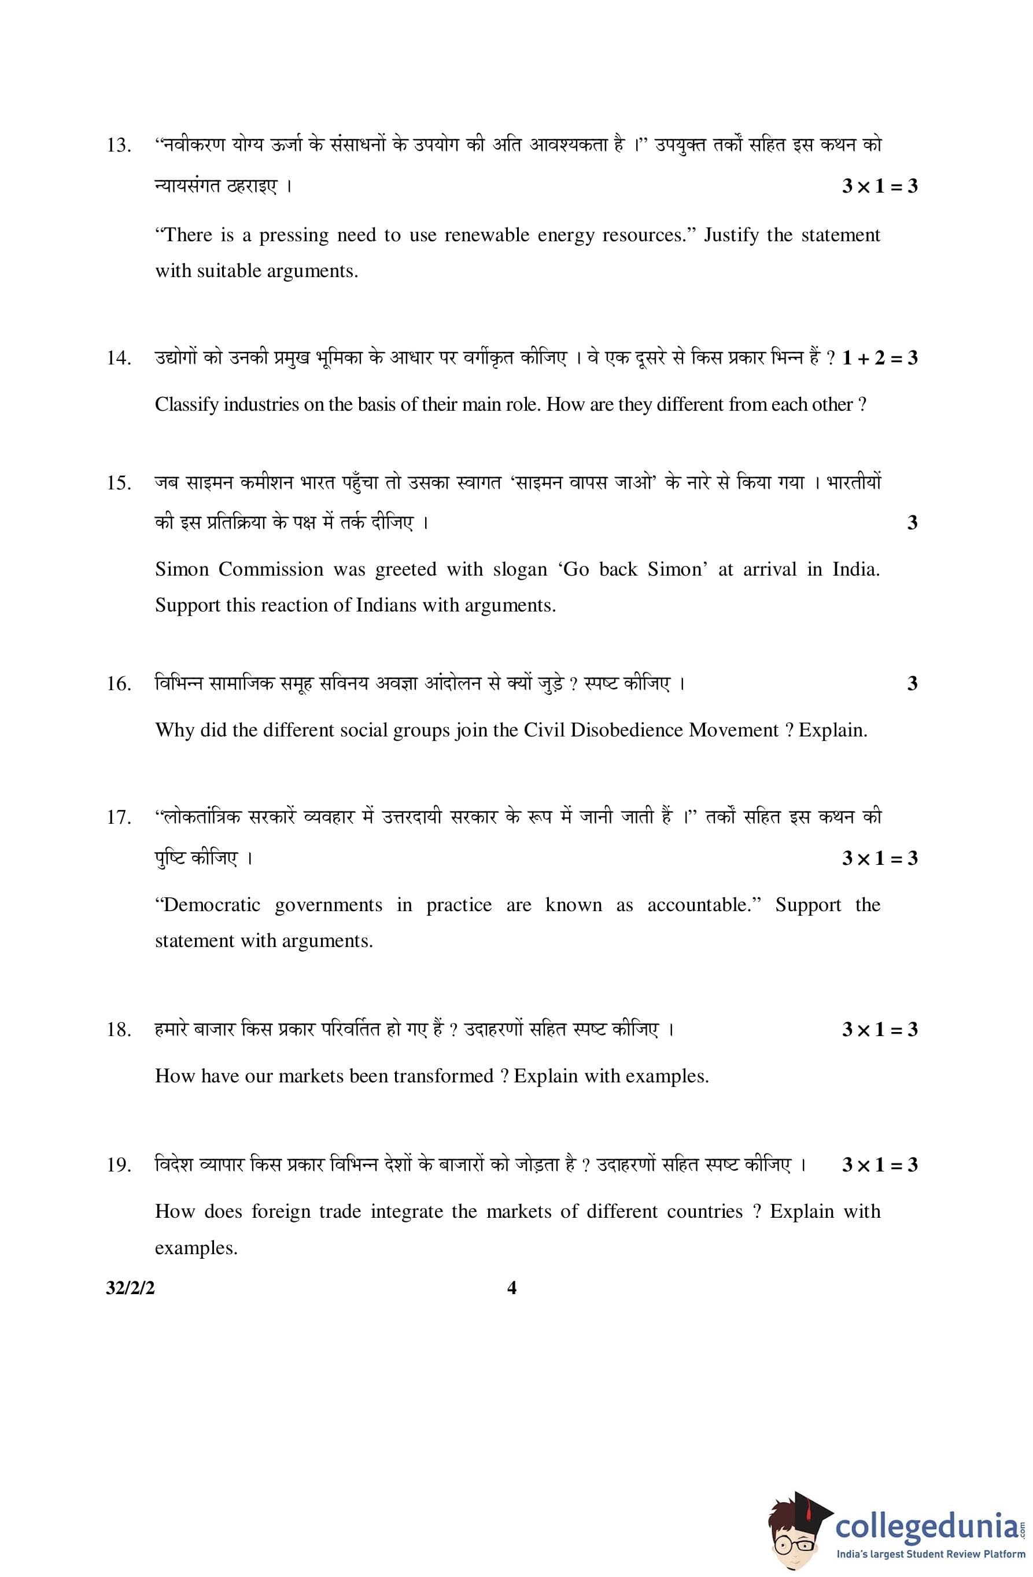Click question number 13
(119, 145)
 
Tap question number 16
(119, 684)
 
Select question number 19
(119, 1165)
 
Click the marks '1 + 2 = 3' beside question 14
(879, 359)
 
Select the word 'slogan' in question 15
(519, 569)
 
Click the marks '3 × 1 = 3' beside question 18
(879, 1030)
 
